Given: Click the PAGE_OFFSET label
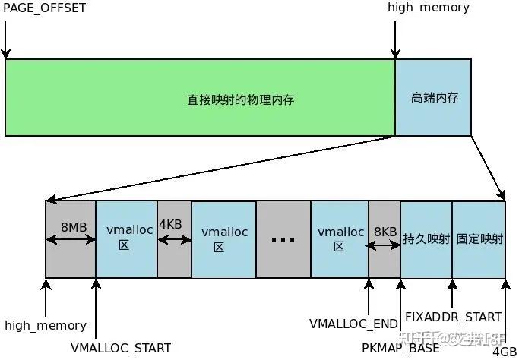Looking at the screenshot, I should [44, 8].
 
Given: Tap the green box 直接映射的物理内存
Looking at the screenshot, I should [241, 99].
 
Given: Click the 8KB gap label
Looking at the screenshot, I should [385, 231].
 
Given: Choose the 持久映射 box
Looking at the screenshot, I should [426, 238].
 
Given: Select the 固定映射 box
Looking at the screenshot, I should [479, 238].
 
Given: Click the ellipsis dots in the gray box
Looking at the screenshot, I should [283, 240].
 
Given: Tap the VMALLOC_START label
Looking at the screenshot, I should [121, 347].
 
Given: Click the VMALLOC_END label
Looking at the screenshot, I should [353, 324].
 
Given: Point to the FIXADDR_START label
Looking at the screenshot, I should [453, 317].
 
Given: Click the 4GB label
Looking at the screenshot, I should [505, 352].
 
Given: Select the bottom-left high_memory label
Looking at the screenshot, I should [46, 325].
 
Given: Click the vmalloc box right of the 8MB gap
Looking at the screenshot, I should [125, 238].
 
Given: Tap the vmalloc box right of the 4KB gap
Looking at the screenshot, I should [223, 238].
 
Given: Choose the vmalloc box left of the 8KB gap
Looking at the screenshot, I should [340, 238].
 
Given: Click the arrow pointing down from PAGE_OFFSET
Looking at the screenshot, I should [6, 39].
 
